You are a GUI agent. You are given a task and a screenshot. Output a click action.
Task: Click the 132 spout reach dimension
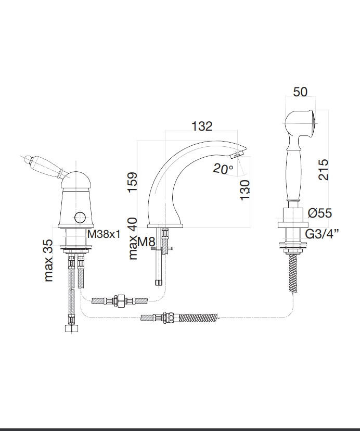pos(202,126)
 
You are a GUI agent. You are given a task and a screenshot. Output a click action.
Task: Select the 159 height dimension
pos(133,182)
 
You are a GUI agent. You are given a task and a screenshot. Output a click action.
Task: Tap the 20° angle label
pos(223,169)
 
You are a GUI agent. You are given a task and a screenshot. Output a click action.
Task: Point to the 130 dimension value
pos(245,190)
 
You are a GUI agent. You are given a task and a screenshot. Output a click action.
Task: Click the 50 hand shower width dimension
pos(300,92)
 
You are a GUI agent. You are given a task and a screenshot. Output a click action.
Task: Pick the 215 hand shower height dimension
pos(323,170)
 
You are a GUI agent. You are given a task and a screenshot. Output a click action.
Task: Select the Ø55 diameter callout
pos(319,213)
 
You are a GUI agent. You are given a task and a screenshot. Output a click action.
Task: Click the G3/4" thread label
pos(322,234)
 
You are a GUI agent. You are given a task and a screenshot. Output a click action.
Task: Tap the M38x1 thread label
pos(104,234)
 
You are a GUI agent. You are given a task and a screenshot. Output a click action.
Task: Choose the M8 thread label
pos(146,242)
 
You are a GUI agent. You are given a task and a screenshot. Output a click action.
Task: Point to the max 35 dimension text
pos(48,261)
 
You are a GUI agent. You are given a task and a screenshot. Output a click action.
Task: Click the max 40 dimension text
pos(133,238)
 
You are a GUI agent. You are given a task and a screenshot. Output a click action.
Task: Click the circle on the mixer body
pos(80,217)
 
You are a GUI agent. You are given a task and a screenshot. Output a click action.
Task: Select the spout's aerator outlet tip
pos(235,156)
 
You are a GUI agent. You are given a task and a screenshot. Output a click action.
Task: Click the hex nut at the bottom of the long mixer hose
pos(72,328)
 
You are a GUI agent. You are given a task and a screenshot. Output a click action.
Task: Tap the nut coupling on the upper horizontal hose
pos(120,301)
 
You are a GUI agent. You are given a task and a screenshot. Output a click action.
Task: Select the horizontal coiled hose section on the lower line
pos(198,318)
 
